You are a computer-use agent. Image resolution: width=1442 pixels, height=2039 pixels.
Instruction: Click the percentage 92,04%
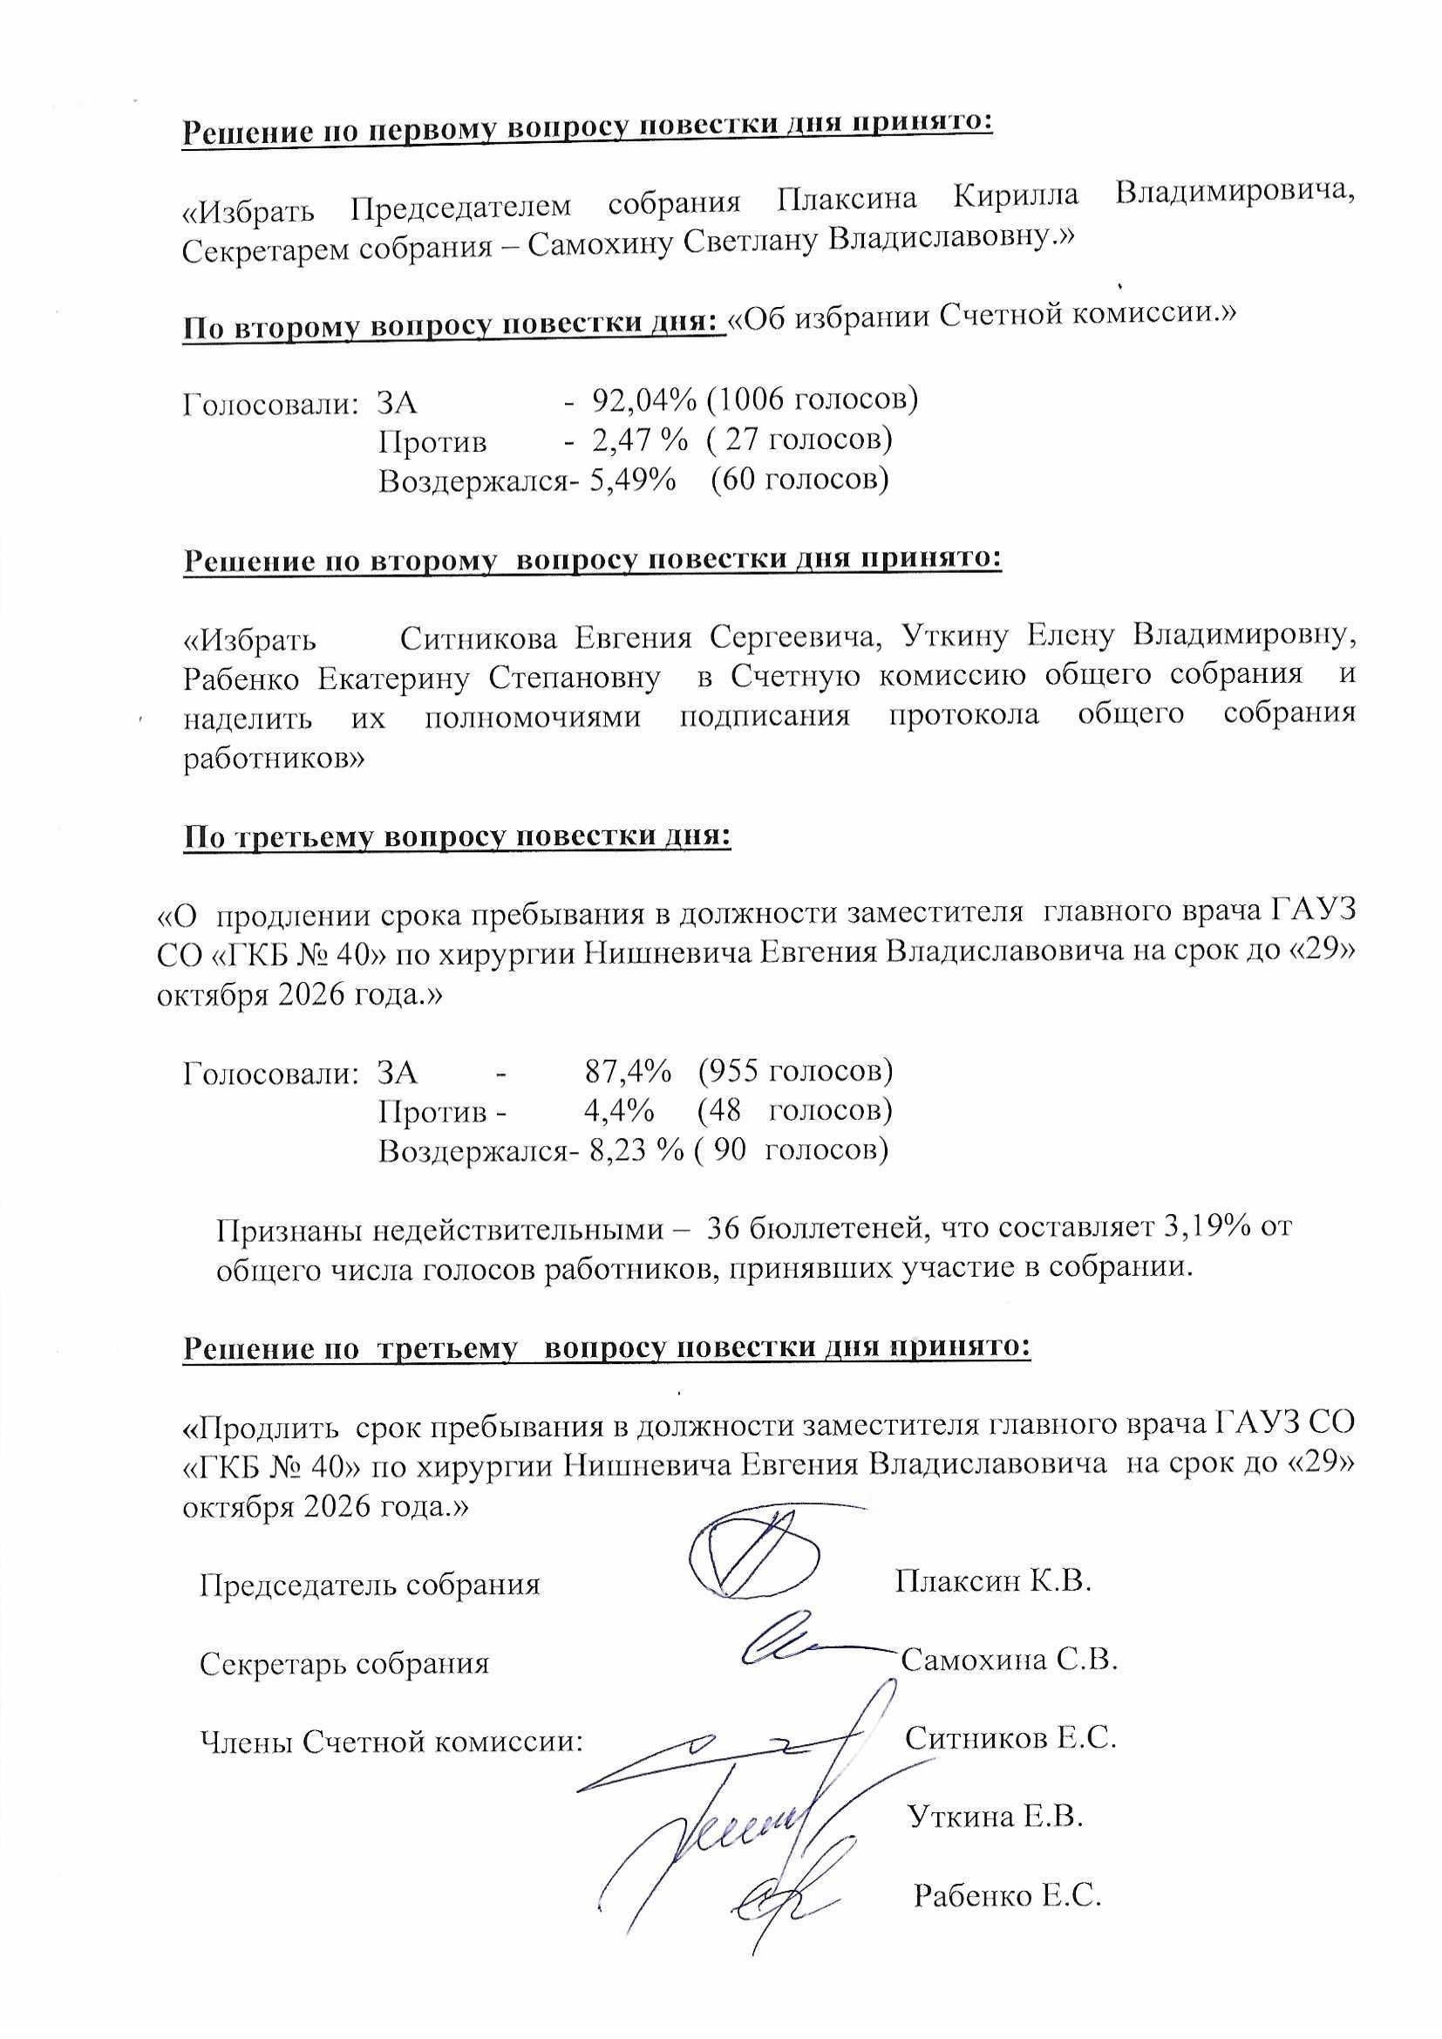(643, 400)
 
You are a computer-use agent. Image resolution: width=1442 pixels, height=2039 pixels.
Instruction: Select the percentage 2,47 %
(632, 440)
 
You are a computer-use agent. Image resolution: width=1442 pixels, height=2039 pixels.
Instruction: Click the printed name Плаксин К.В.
(992, 1580)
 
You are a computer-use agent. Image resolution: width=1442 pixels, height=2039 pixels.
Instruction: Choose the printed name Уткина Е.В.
(996, 1816)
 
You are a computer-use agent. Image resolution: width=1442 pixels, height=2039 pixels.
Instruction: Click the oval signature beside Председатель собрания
(755, 1561)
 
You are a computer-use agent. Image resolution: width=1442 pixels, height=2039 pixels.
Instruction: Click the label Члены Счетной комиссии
(391, 1742)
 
